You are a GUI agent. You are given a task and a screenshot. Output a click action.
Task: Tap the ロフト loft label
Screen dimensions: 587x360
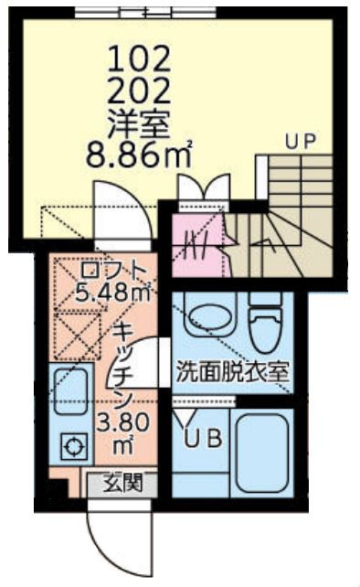coord(111,271)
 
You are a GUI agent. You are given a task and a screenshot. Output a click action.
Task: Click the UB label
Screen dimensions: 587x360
coord(203,438)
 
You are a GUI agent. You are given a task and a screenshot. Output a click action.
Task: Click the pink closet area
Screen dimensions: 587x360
coord(196,241)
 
